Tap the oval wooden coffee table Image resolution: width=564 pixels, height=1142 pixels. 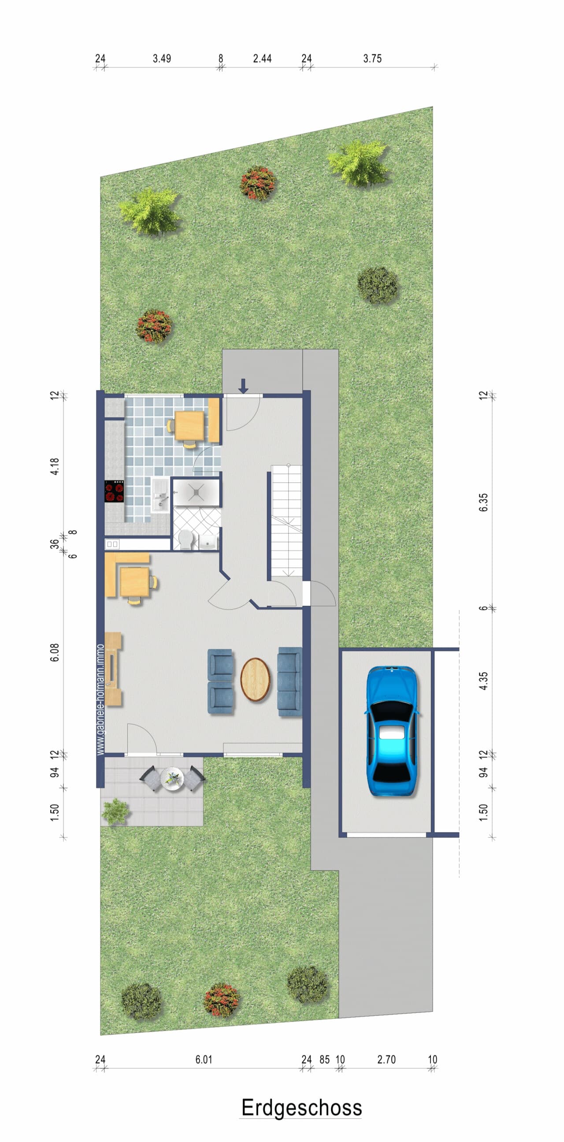[x=255, y=680]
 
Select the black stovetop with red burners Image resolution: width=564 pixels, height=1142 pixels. [x=114, y=491]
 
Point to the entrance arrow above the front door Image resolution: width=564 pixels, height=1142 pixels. [x=243, y=386]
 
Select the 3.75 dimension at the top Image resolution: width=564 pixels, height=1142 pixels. [x=372, y=59]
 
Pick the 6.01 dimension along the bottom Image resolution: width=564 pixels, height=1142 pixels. [x=204, y=1060]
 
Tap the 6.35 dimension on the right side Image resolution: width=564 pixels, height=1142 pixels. [x=483, y=502]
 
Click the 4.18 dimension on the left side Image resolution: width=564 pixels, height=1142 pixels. [x=55, y=466]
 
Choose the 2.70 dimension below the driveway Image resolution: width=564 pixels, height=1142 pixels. [x=386, y=1060]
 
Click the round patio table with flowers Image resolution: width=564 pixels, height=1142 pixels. [x=172, y=778]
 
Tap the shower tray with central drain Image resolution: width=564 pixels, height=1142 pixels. [x=196, y=491]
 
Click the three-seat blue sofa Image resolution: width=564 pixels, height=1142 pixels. [x=290, y=682]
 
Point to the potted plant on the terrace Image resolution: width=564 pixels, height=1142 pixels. [x=115, y=812]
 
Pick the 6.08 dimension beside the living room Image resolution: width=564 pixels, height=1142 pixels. [x=55, y=653]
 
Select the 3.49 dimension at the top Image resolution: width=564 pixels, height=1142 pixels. [x=162, y=59]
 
